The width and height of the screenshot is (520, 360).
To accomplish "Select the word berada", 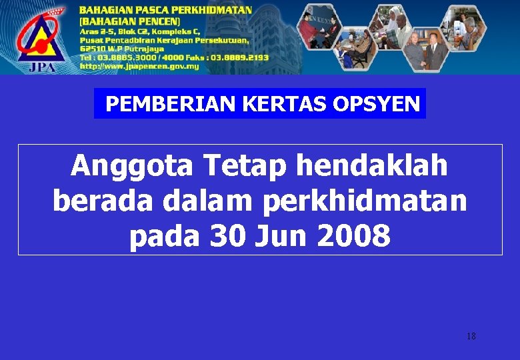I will (97, 201).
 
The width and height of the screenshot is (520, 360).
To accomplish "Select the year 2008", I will (355, 237).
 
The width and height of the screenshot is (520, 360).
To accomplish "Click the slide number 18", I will (471, 336).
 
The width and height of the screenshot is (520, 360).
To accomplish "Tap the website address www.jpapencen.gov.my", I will (140, 66).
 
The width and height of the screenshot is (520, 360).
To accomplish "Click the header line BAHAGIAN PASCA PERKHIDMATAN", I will (165, 10).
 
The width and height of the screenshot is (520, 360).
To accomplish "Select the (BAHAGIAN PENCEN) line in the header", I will (131, 21).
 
